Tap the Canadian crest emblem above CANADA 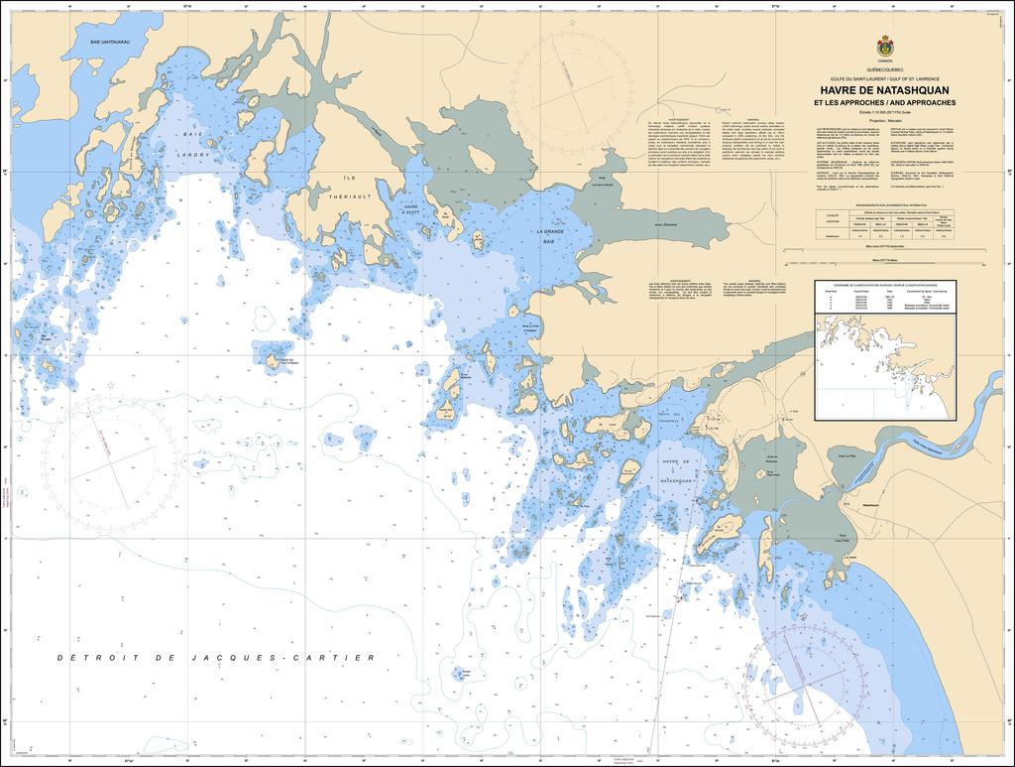click(x=883, y=47)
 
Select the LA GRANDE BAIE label click(x=546, y=235)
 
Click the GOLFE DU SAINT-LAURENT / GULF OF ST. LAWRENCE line click(x=883, y=77)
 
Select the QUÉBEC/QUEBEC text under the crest click(x=883, y=69)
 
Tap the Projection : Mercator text click(x=883, y=119)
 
